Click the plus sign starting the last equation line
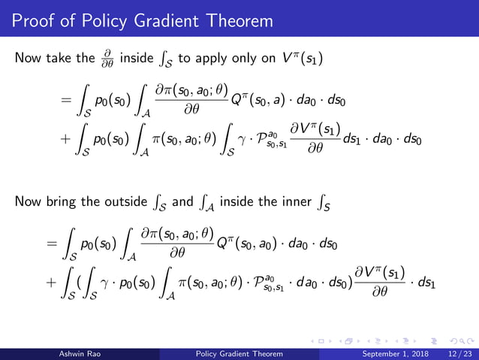click(x=50, y=283)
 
